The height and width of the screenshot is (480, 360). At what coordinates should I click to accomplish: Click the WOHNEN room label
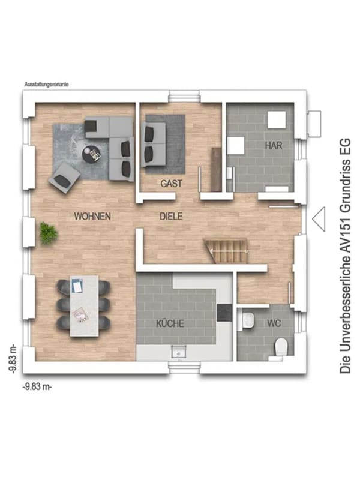(92, 217)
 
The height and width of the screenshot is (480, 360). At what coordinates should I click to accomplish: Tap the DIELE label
(171, 217)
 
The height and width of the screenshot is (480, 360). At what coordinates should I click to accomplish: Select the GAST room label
(171, 184)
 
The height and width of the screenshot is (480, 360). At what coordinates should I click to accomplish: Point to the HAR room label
(274, 145)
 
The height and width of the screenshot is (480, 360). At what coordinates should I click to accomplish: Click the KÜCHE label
(170, 323)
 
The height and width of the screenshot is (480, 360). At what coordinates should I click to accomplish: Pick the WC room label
(274, 323)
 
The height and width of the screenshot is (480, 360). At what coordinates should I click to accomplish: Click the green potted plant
(48, 233)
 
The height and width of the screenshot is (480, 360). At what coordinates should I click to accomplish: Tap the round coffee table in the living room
(91, 154)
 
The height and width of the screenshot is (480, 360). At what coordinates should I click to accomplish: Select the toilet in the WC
(281, 347)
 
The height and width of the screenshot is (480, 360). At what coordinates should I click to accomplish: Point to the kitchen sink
(178, 352)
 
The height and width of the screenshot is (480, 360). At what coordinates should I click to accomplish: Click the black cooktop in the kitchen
(224, 313)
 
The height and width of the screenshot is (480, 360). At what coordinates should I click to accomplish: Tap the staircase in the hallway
(227, 251)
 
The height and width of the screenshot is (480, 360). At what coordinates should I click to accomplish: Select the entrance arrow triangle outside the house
(319, 219)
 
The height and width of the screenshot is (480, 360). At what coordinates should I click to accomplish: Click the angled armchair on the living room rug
(64, 178)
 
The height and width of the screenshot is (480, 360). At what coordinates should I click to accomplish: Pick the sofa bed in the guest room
(153, 144)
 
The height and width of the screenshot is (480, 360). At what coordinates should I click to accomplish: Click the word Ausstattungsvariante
(47, 84)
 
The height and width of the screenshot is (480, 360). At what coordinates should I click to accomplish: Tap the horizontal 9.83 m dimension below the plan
(37, 386)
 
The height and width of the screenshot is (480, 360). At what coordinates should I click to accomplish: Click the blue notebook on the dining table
(77, 286)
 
